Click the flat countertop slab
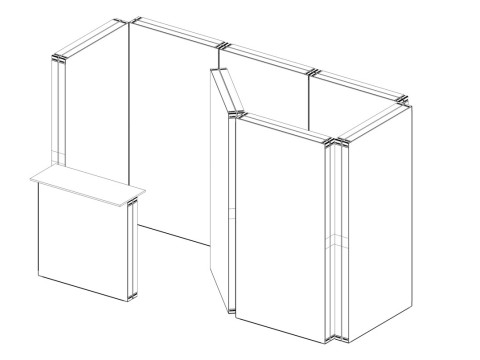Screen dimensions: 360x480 (88, 185)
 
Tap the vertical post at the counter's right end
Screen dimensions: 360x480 (131, 250)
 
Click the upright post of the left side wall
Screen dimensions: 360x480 (58, 110)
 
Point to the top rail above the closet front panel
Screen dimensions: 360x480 (285, 127)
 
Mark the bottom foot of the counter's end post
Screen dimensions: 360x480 (131, 296)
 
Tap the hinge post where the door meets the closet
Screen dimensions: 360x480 (232, 215)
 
